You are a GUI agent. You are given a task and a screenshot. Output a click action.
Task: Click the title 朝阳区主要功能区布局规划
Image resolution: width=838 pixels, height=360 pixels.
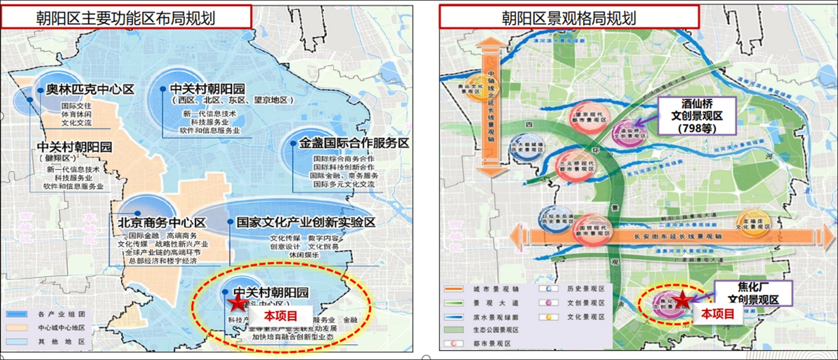(x=125, y=18)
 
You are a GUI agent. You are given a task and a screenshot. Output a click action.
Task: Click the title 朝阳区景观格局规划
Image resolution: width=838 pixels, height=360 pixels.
(x=569, y=18)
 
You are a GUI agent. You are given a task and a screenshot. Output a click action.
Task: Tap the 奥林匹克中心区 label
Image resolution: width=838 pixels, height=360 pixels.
(x=90, y=90)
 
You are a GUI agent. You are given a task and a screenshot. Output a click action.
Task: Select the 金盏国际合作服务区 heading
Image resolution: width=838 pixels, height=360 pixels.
(x=354, y=143)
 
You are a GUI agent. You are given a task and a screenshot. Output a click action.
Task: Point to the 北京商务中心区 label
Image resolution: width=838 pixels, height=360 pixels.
(x=162, y=223)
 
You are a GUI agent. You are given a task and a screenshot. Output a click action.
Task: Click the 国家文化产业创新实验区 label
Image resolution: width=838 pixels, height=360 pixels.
(x=306, y=223)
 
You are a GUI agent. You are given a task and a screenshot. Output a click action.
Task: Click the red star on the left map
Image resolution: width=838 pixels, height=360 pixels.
(x=237, y=303)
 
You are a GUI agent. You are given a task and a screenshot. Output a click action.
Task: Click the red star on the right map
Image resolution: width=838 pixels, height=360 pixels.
(x=683, y=300)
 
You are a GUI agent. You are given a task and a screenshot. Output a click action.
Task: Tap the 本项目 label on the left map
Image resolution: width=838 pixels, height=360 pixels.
(x=280, y=315)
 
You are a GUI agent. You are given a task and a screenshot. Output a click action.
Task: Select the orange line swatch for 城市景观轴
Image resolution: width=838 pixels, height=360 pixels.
(x=453, y=289)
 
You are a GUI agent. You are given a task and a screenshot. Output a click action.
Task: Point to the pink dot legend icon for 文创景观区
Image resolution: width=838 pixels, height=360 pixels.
(x=548, y=303)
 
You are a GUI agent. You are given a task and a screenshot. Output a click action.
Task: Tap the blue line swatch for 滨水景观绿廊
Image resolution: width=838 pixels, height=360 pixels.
(x=453, y=317)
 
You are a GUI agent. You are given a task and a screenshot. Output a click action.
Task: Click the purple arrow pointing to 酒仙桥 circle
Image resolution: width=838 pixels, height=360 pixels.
(x=645, y=122)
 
